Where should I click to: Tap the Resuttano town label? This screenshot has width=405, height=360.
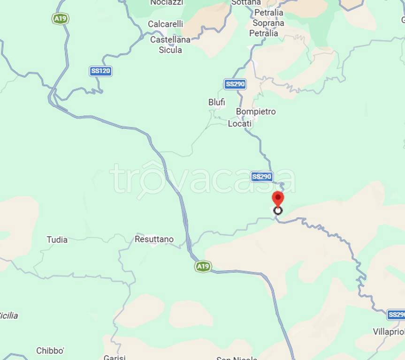154,240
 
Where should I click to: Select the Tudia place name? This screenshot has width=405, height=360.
57,240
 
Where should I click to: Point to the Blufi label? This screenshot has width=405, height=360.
217,102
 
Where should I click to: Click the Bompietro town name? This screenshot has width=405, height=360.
256,112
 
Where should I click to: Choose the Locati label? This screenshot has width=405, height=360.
240,124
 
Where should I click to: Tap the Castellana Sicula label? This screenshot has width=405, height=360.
170,45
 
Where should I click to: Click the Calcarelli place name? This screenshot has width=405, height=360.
166,24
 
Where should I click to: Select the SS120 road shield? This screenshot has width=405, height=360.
101,71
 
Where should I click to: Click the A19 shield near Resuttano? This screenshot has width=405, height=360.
203,267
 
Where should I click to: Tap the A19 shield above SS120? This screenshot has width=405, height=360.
60,19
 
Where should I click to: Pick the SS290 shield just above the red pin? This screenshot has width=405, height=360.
262,177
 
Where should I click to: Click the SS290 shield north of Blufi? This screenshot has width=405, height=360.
235,84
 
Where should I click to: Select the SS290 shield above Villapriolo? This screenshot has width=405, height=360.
396,315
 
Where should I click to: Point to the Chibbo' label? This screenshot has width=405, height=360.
50,351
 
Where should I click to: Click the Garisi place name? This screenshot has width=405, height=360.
115,358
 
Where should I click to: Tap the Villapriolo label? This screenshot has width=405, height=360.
389,332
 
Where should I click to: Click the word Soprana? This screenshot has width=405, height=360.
268,23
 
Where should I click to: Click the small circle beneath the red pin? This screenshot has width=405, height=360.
278,210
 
